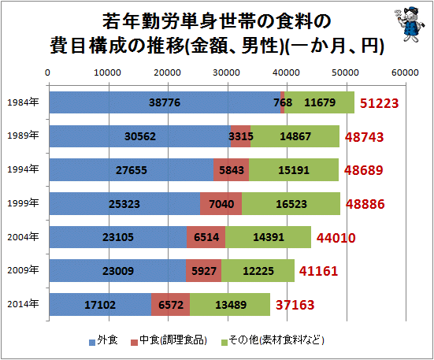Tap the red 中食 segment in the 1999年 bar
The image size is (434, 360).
pyautogui.click(x=221, y=203)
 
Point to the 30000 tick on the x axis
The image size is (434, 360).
pyautogui.click(x=228, y=72)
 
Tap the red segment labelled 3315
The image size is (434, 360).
pyautogui.click(x=240, y=135)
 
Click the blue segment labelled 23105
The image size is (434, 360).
pyautogui.click(x=118, y=237)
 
